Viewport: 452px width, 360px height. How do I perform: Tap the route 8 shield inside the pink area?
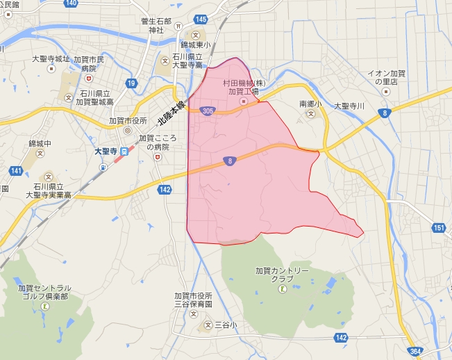229,161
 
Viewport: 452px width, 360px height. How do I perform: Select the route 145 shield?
201,18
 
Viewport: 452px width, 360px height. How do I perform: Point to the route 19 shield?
131,83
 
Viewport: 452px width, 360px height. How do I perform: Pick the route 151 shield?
438,227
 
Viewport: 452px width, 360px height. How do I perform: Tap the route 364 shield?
415,352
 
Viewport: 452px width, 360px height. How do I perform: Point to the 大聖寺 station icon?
124,151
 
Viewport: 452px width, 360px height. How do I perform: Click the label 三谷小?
225,325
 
